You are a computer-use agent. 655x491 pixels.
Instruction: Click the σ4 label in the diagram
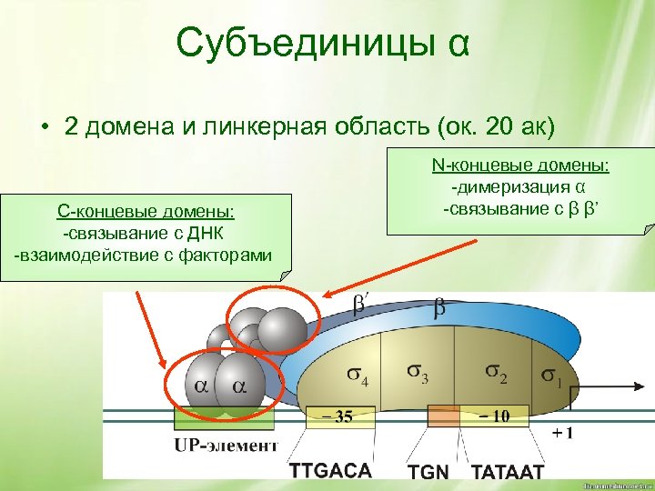tap(354, 375)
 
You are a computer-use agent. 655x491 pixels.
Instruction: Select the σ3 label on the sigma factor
tap(422, 374)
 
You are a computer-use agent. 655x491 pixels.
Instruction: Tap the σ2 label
tap(498, 373)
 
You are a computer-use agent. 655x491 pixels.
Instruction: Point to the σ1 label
tap(551, 374)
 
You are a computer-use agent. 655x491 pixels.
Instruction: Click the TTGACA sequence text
tap(331, 471)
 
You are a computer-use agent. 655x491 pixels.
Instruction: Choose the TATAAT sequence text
tap(507, 472)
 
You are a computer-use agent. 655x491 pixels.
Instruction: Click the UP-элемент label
tap(225, 445)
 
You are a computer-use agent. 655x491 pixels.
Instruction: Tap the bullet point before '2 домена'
tap(44, 126)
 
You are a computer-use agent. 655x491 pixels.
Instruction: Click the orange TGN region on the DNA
tap(444, 416)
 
